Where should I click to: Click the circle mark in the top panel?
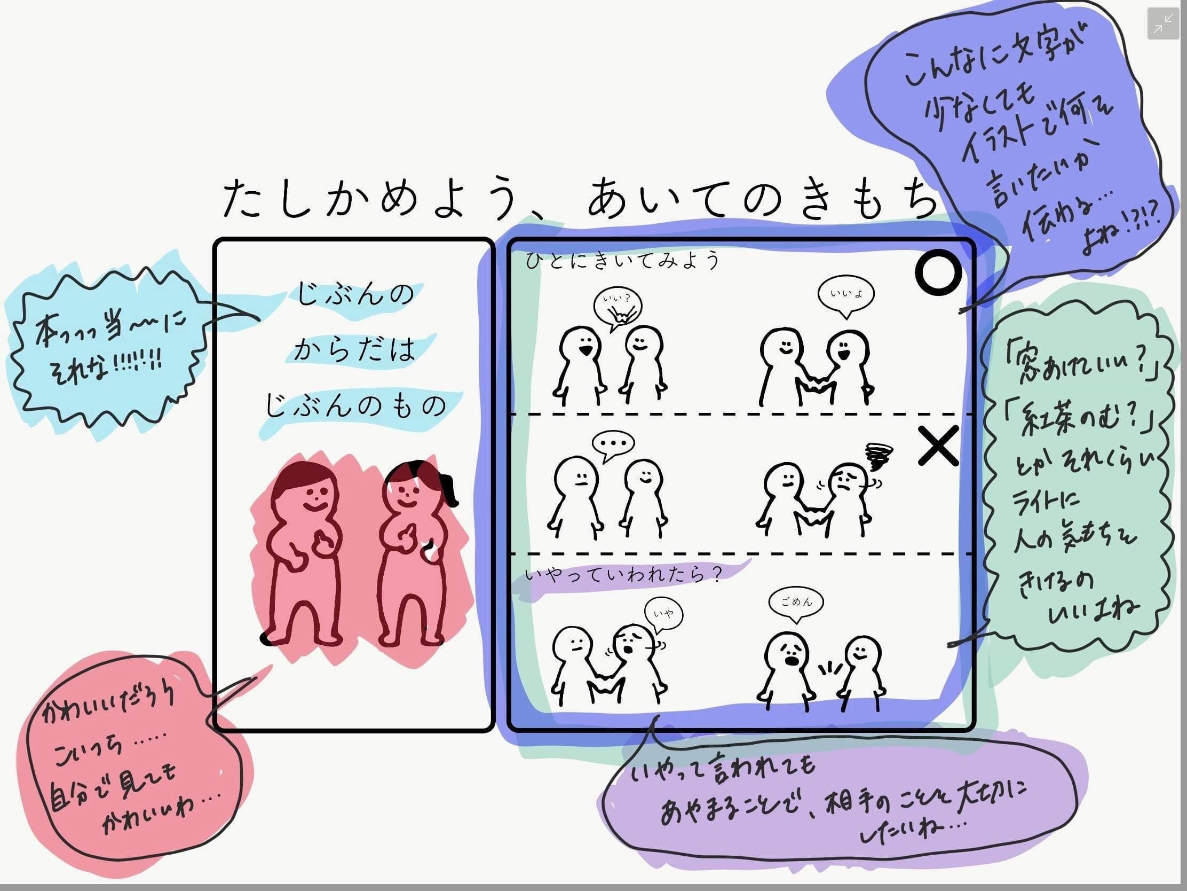pos(938,272)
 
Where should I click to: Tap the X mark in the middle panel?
pos(938,446)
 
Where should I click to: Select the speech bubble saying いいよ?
pos(846,294)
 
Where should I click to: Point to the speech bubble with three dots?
pos(613,444)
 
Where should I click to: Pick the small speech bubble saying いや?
pos(664,613)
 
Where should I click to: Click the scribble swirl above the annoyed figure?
pos(879,457)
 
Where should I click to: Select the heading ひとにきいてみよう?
pos(622,261)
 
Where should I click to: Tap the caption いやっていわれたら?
pos(622,575)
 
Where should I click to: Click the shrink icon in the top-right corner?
pos(1163,24)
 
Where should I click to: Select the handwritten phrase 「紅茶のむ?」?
pos(1079,420)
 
